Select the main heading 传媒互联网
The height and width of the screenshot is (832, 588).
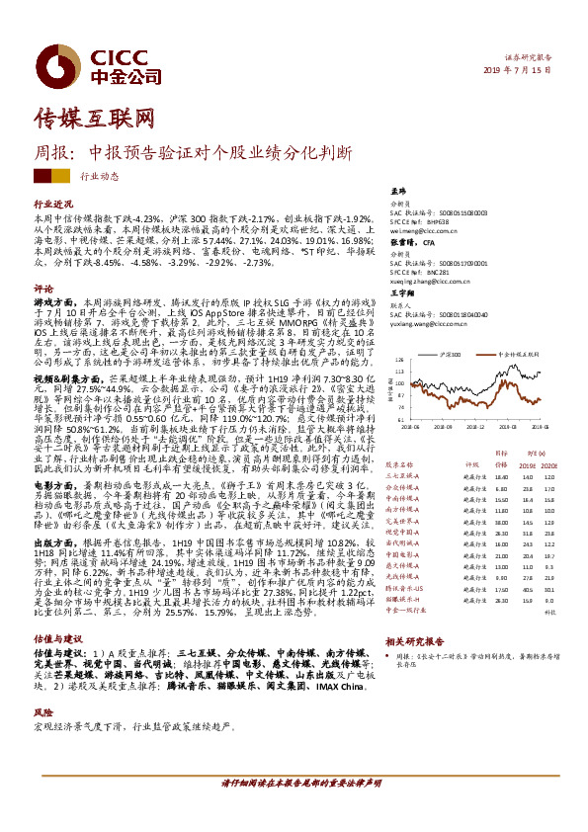95,118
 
